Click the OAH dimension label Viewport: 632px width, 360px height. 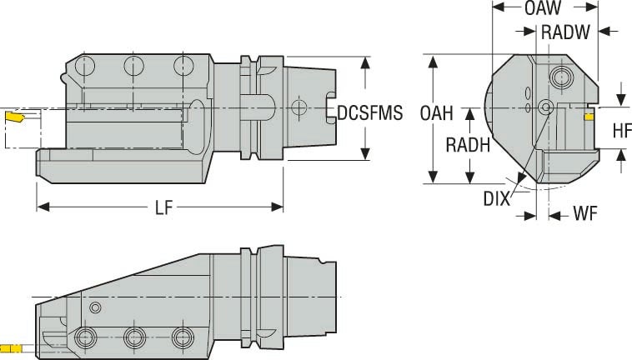(x=437, y=112)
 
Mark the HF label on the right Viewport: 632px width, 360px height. (x=621, y=130)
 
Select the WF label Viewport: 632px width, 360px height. (x=584, y=214)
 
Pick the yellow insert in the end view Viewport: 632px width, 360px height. (x=589, y=117)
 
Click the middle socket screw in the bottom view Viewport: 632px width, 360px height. (x=133, y=337)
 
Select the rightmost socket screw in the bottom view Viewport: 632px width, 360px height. (x=181, y=337)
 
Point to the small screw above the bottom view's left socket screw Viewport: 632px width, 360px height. (x=94, y=308)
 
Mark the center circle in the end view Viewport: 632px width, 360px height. (x=545, y=107)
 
